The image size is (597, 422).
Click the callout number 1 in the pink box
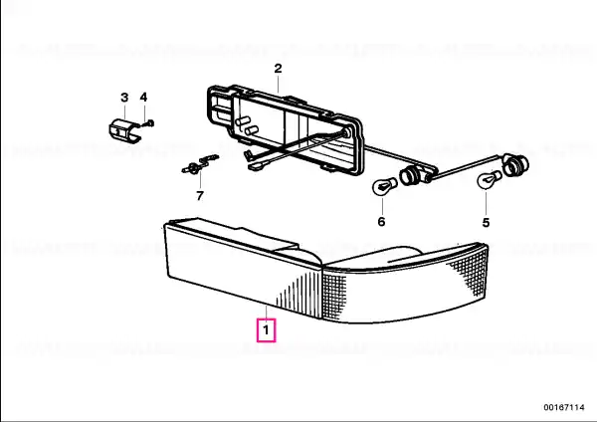266,329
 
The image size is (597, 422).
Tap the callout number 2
278,69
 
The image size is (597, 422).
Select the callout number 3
124,98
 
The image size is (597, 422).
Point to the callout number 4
143,98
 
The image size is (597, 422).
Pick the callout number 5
486,222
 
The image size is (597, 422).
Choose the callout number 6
381,221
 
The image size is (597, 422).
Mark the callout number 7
200,196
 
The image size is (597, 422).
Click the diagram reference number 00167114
564,407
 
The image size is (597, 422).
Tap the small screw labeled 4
148,123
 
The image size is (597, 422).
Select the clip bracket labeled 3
125,131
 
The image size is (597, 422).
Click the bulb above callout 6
384,187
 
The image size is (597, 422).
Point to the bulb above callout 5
489,179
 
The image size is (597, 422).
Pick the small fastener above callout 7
200,164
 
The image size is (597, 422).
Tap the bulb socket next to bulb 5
515,164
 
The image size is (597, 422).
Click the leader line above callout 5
486,202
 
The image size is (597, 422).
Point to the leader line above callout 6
382,205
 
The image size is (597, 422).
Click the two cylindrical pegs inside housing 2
247,125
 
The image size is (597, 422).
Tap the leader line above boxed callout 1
266,313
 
